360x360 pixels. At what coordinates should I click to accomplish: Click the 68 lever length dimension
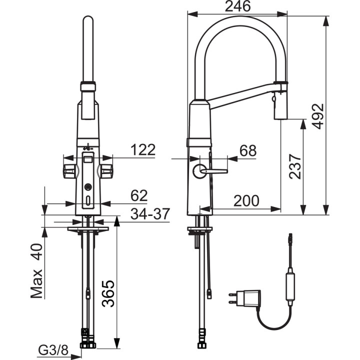pyautogui.click(x=248, y=150)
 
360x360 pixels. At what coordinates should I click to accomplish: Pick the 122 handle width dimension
pyautogui.click(x=142, y=149)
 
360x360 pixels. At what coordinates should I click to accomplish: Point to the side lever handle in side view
pyautogui.click(x=212, y=171)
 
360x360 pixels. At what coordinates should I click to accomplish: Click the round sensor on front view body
pyautogui.click(x=88, y=187)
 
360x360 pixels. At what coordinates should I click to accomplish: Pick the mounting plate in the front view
pyautogui.click(x=88, y=229)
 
